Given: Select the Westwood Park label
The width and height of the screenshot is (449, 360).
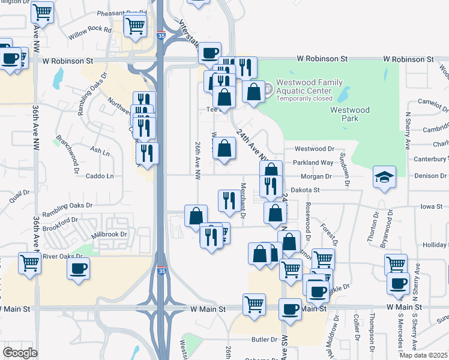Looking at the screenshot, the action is coord(349,114).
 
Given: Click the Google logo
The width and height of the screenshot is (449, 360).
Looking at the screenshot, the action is coord(20,353).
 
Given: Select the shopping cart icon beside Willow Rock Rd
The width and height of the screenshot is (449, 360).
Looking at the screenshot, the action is coord(136,26).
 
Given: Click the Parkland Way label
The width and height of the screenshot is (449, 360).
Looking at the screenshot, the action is coord(313,163).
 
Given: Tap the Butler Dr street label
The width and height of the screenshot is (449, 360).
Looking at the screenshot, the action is coord(264,339).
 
